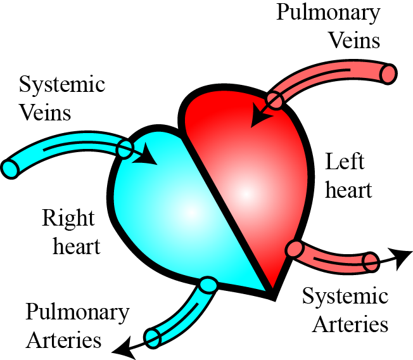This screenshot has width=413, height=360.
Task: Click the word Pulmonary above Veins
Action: pos(328,13)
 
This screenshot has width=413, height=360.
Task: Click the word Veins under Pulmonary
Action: pos(353,41)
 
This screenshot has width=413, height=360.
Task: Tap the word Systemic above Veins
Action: pos(62,85)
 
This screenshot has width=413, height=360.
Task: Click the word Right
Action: pos(68,219)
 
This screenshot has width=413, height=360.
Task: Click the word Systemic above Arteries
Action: pos(345,297)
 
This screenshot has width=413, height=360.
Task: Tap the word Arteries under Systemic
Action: pos(350,324)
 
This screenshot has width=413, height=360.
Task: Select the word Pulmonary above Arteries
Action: pos(78,312)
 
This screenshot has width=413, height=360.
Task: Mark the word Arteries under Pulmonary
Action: pos(63,340)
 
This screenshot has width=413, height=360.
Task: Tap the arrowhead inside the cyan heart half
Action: pos(149,155)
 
